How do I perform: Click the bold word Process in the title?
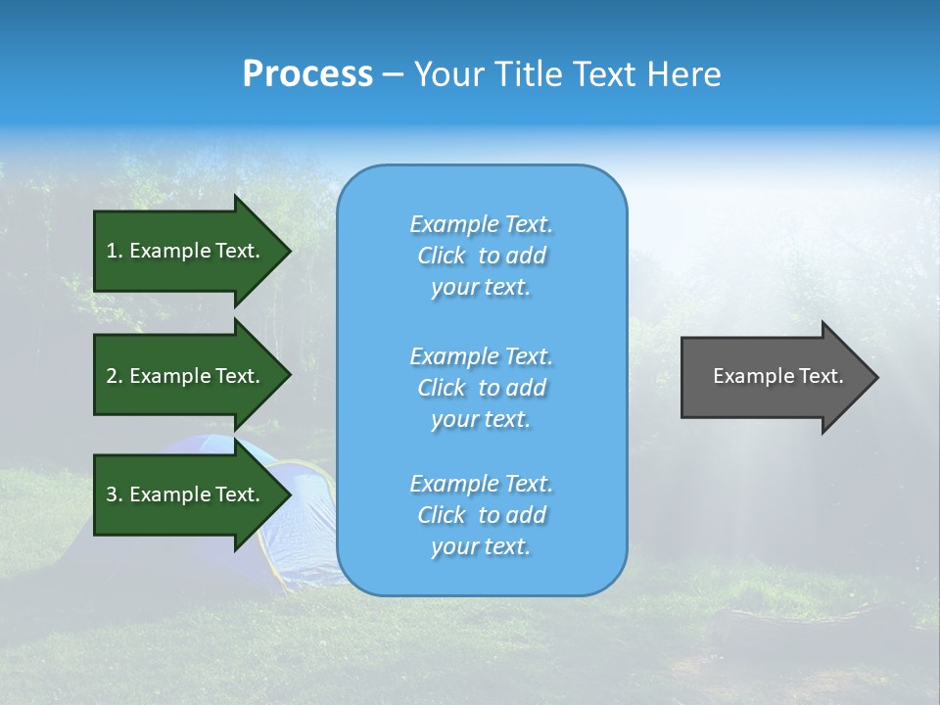pyautogui.click(x=307, y=74)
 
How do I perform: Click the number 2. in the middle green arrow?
pyautogui.click(x=115, y=376)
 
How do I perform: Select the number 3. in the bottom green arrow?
pyautogui.click(x=115, y=494)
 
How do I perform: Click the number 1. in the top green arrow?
pyautogui.click(x=115, y=251)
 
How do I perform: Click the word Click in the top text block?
pyautogui.click(x=441, y=256)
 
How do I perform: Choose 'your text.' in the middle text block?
pyautogui.click(x=481, y=419)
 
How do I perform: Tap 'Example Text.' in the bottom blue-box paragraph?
pyautogui.click(x=481, y=484)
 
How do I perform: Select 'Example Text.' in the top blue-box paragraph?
pyautogui.click(x=481, y=224)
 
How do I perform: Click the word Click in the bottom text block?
pyautogui.click(x=441, y=515)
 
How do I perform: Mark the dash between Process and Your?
pyautogui.click(x=393, y=75)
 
